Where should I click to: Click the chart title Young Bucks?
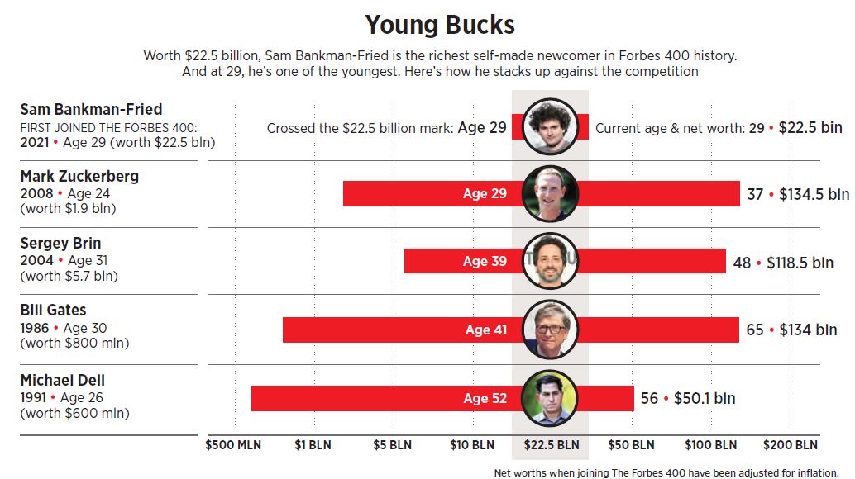[x=440, y=25]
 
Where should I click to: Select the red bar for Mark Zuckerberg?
[x=413, y=194]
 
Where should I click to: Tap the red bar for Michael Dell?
[x=372, y=398]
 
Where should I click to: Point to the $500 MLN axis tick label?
[x=233, y=445]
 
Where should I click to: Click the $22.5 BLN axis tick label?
[x=551, y=445]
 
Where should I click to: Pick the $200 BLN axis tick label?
[x=790, y=445]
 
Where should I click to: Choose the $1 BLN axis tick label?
[x=313, y=445]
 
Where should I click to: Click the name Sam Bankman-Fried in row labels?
[x=91, y=109]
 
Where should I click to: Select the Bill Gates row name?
[x=53, y=311]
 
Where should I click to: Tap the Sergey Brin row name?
[x=60, y=244]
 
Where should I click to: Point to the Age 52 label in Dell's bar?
[x=485, y=398]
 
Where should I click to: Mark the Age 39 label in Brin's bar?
[x=485, y=261]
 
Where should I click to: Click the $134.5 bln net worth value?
[x=814, y=194]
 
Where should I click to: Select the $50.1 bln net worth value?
[x=704, y=398]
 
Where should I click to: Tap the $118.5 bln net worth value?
[x=800, y=262]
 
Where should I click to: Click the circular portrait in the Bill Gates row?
[x=551, y=329]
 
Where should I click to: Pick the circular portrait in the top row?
[x=550, y=126]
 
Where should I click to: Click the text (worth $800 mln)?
[x=74, y=343]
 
